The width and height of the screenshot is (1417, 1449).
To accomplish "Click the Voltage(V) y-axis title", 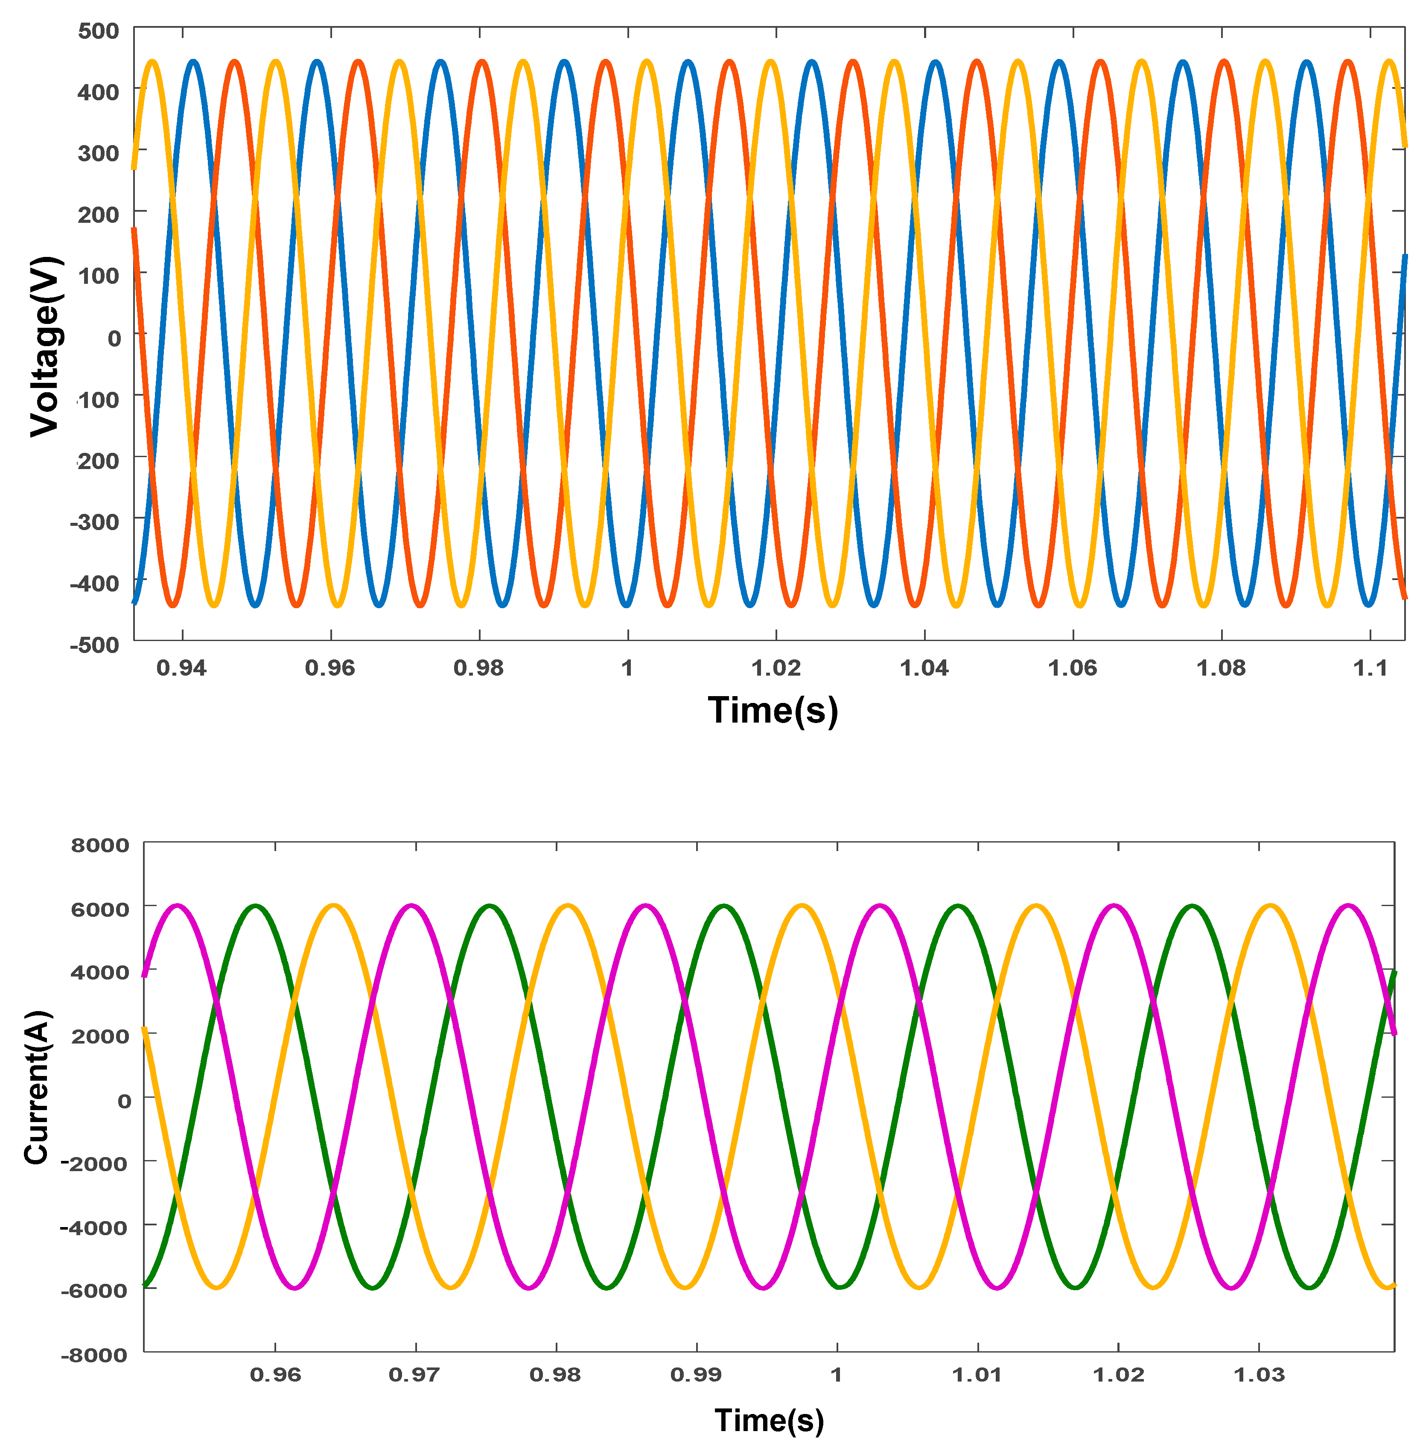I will [45, 346].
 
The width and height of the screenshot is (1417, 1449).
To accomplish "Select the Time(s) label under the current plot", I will [769, 1420].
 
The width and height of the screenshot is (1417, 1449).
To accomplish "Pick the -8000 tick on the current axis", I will [94, 1355].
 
